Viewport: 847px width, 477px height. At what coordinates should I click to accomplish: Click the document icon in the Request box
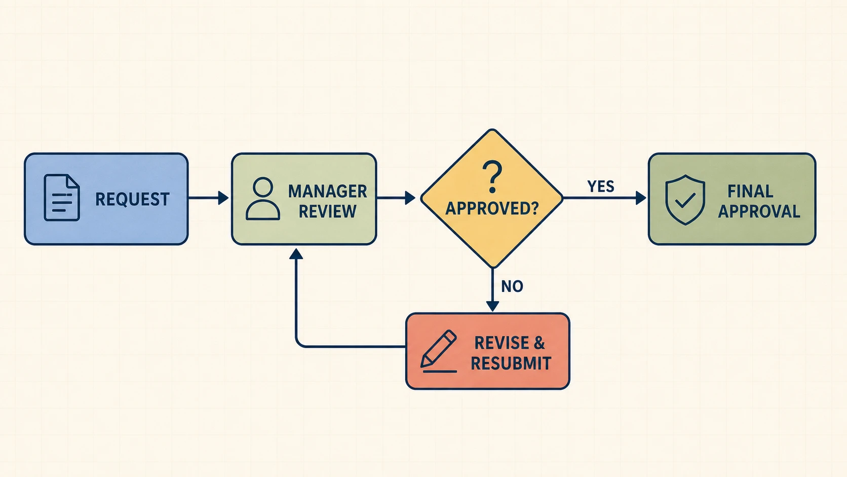coord(62,198)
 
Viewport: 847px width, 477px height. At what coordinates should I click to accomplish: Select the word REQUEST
coord(132,199)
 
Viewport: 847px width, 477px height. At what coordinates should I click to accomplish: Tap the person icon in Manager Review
coord(263,199)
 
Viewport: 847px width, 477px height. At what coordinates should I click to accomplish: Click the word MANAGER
coord(327,191)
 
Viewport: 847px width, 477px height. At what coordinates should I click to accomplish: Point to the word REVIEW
coord(327,211)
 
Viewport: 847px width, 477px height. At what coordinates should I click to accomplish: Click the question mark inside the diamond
coord(492,177)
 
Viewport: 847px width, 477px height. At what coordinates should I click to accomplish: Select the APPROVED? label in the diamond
coord(492,208)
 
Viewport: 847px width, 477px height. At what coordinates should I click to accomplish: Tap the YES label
coord(600,186)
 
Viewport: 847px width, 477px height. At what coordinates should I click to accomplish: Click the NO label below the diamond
coord(512,286)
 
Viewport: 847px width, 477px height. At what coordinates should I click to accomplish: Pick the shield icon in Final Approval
coord(685,200)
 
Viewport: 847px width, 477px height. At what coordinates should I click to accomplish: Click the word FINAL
coord(750,192)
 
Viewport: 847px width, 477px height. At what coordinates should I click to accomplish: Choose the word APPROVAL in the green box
coord(759,211)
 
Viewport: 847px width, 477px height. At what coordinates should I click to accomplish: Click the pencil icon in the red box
coord(439,351)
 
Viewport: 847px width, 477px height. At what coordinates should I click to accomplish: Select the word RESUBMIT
coord(511,363)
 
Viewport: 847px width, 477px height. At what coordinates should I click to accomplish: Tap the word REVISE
coord(502,343)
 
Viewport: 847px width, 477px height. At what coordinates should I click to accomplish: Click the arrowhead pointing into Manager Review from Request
coord(223,198)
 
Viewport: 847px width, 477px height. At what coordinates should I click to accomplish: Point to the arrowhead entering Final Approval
coord(641,198)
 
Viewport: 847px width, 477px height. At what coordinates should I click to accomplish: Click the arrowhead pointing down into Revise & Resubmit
coord(492,306)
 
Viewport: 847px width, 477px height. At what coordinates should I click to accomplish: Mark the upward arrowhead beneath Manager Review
coord(296,254)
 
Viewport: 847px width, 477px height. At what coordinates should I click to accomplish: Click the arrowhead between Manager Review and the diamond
coord(410,198)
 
